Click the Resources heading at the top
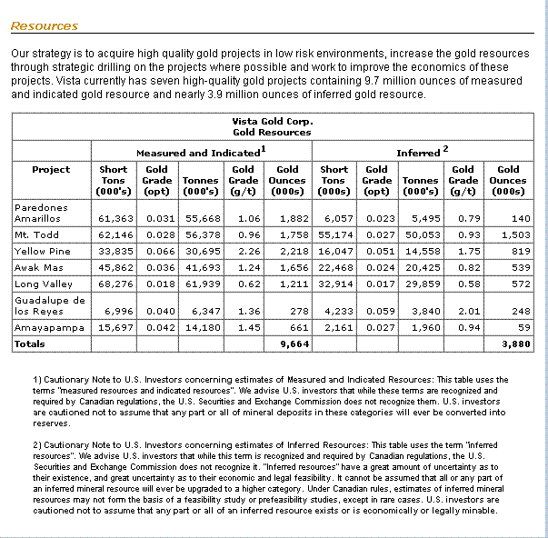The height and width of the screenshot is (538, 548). (x=44, y=26)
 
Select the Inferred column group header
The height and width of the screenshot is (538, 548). (x=422, y=152)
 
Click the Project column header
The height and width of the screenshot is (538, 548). (x=51, y=169)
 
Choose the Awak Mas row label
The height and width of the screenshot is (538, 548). (x=37, y=268)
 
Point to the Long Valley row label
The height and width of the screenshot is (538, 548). (x=42, y=284)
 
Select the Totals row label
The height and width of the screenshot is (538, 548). (x=30, y=344)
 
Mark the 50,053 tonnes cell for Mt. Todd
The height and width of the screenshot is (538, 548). (x=420, y=235)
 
